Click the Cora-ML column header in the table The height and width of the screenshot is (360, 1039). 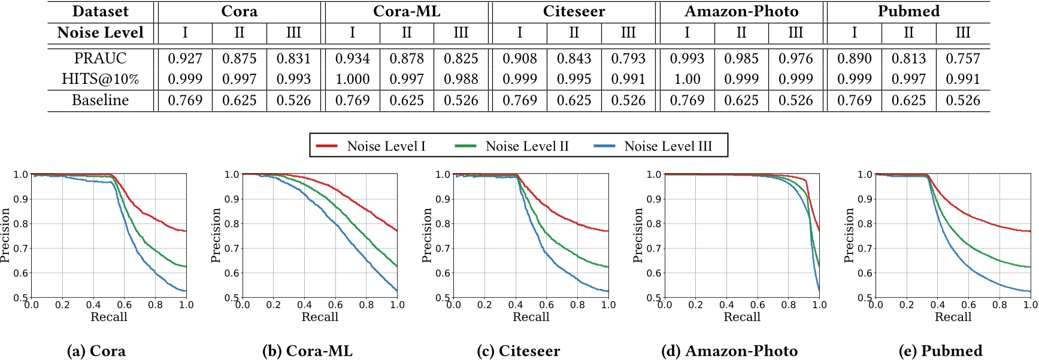coord(407,11)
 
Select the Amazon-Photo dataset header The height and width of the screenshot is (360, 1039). coord(741,11)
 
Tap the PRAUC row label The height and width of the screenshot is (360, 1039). coord(100,58)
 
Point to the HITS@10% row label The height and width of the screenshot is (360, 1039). coord(100,79)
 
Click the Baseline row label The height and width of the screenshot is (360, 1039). coord(100,100)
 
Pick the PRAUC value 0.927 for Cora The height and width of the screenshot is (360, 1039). coord(185,58)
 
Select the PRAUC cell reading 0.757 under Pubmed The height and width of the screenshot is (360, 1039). coord(962,58)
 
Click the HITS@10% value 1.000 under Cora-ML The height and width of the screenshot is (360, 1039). coord(352,79)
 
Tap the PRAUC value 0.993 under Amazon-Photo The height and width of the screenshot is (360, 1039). coord(687,58)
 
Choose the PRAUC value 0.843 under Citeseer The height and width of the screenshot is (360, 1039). coord(574,58)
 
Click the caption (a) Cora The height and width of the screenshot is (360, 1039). coord(96,350)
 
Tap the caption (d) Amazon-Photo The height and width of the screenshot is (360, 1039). coord(729,350)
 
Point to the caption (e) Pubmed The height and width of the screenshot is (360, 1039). coord(941,350)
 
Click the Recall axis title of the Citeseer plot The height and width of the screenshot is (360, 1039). coord(531,317)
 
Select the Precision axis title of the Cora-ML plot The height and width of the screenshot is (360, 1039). coord(216,235)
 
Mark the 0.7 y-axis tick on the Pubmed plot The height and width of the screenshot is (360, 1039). coord(865,248)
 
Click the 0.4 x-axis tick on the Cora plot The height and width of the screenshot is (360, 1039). coord(93,305)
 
